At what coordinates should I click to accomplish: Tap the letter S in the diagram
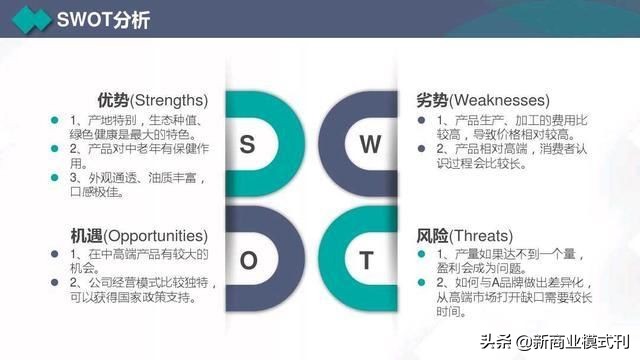coord(247,145)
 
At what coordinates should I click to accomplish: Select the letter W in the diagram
coord(370,145)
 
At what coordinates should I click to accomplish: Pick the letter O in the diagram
coord(248,262)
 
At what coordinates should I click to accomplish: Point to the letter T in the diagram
coord(368,262)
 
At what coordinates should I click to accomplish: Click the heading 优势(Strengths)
coord(152,100)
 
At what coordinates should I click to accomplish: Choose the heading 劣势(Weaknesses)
coord(483,100)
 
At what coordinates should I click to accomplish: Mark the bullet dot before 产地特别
coord(56,120)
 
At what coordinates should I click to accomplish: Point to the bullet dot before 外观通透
coord(56,177)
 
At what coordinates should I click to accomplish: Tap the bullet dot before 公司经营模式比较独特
coord(56,283)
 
